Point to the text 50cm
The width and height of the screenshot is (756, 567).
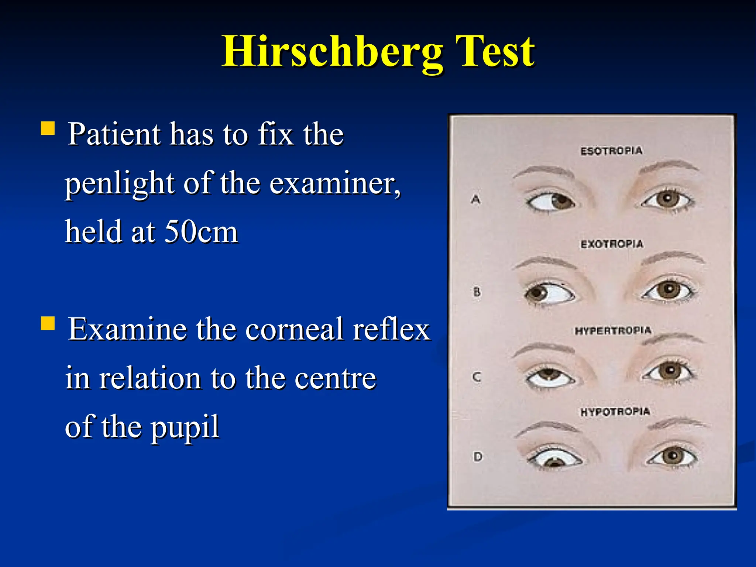pyautogui.click(x=201, y=232)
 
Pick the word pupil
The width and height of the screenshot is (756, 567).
pyautogui.click(x=185, y=427)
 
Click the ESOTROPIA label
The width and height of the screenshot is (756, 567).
pyautogui.click(x=611, y=151)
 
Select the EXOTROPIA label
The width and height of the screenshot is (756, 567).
pyautogui.click(x=612, y=244)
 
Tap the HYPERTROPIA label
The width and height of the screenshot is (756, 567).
pyautogui.click(x=613, y=330)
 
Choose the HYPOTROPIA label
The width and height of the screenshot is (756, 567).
pyautogui.click(x=615, y=412)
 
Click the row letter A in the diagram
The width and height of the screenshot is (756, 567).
pyautogui.click(x=476, y=200)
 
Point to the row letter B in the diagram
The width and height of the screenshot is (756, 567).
pyautogui.click(x=477, y=292)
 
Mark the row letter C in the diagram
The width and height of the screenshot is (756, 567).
pyautogui.click(x=477, y=377)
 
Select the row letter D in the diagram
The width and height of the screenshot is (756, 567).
pyautogui.click(x=478, y=457)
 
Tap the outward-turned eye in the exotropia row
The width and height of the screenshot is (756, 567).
pyautogui.click(x=549, y=293)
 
